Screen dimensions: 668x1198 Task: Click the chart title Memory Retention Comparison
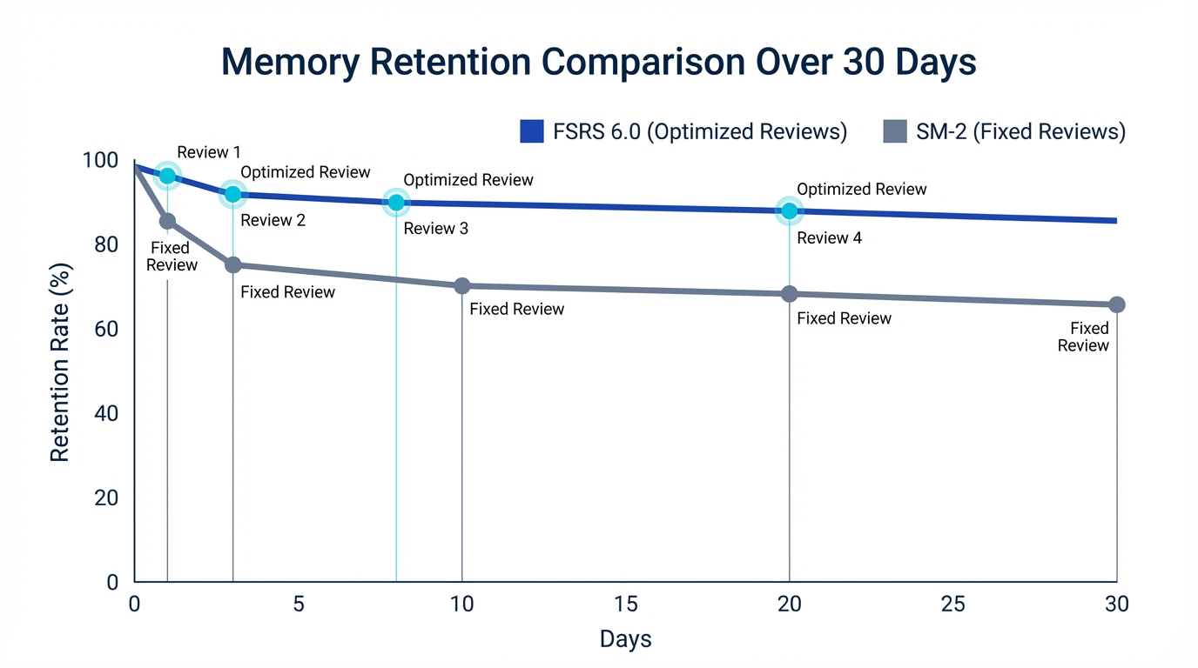598,63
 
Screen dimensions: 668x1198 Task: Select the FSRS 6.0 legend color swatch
531,131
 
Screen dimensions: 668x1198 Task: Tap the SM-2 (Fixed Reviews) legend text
1020,131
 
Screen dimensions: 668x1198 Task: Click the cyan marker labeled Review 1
167,176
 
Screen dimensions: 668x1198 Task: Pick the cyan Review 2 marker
232,194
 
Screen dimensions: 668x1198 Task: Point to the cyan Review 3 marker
396,203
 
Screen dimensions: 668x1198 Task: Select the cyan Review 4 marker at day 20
789,210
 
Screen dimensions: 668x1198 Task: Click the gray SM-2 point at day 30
1117,304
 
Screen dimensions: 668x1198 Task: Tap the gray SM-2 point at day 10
462,286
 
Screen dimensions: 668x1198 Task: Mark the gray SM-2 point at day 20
789,294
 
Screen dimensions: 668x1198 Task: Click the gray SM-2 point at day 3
232,264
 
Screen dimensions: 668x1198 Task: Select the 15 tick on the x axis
625,604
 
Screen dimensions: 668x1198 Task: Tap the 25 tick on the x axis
952,604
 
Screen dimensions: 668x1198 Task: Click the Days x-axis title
625,640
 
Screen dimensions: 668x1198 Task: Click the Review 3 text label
435,229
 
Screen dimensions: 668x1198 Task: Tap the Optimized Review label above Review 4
861,190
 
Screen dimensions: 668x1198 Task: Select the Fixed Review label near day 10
516,309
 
